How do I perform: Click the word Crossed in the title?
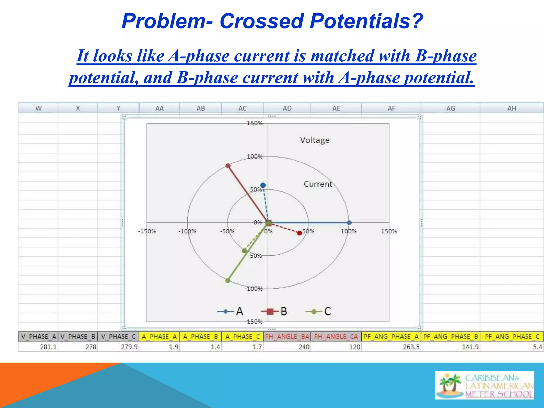click(261, 21)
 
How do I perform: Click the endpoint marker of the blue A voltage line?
click(349, 223)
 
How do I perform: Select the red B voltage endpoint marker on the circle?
click(228, 166)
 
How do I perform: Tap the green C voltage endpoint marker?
click(228, 280)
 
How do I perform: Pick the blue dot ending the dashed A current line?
click(263, 185)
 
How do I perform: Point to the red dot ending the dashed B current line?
click(300, 233)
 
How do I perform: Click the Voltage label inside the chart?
click(315, 140)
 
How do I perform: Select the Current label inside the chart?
click(318, 184)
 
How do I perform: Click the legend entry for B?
click(274, 311)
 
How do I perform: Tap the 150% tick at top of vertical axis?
click(254, 123)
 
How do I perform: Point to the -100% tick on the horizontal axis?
click(187, 231)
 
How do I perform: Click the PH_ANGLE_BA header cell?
click(287, 337)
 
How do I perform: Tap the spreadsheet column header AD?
click(287, 108)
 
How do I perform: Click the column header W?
click(39, 108)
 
